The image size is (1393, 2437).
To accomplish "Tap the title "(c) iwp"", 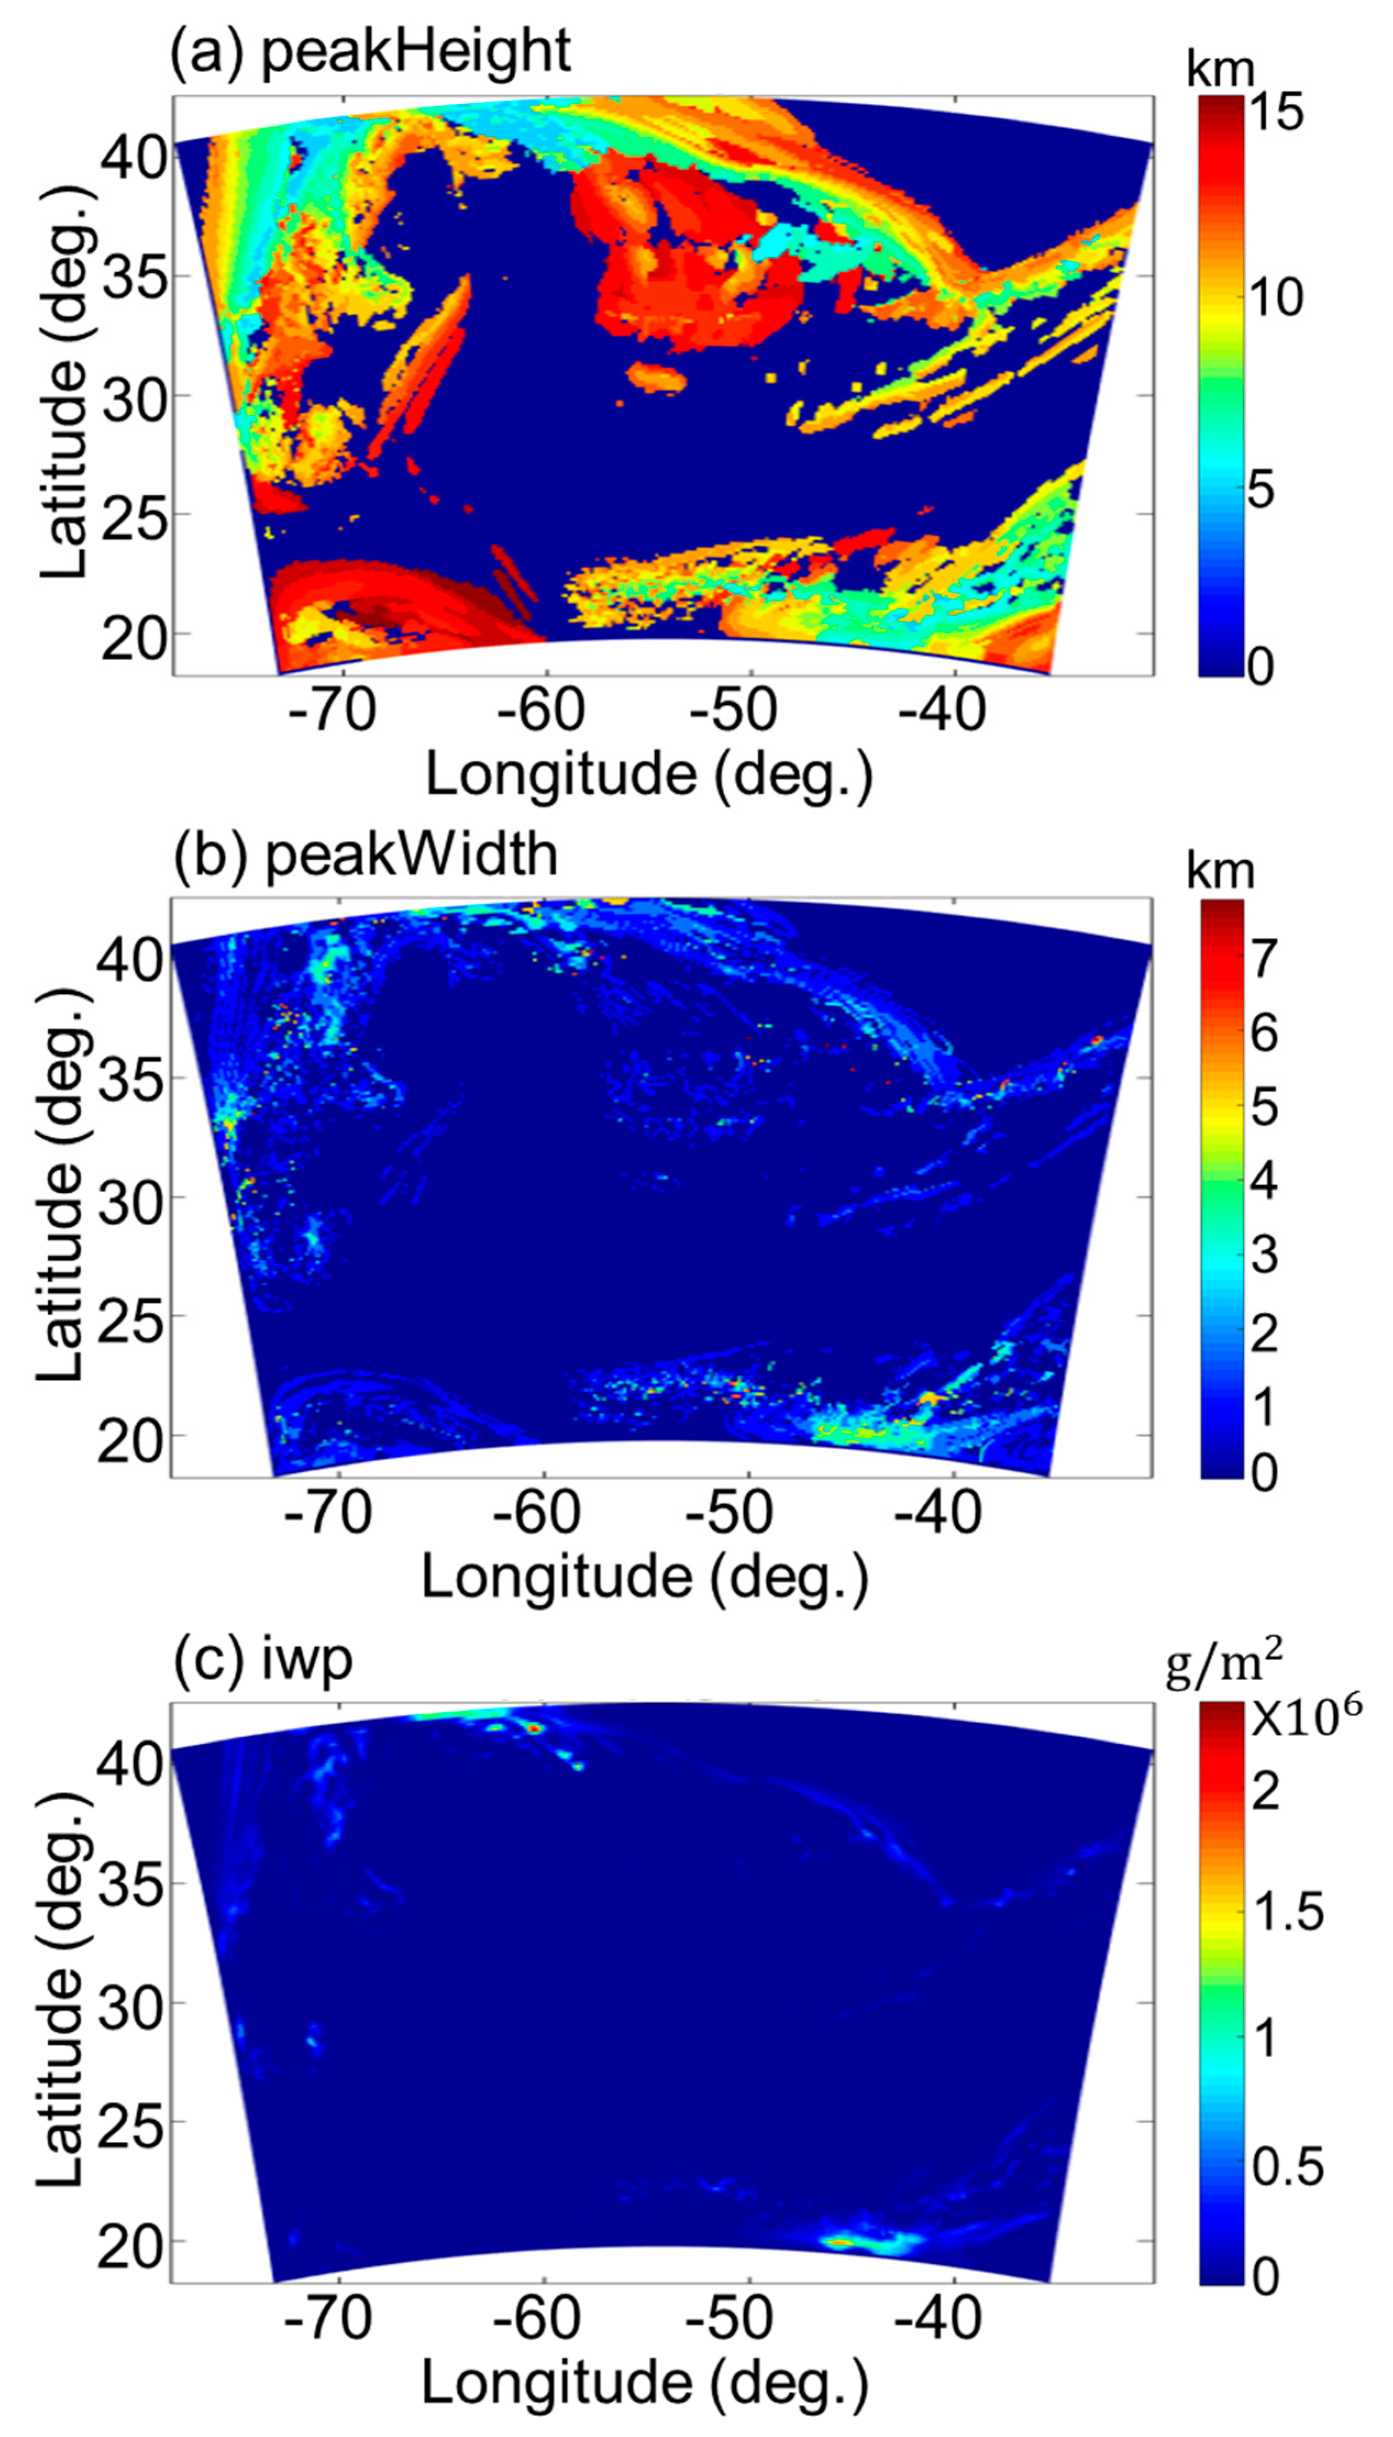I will point(263,1658).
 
